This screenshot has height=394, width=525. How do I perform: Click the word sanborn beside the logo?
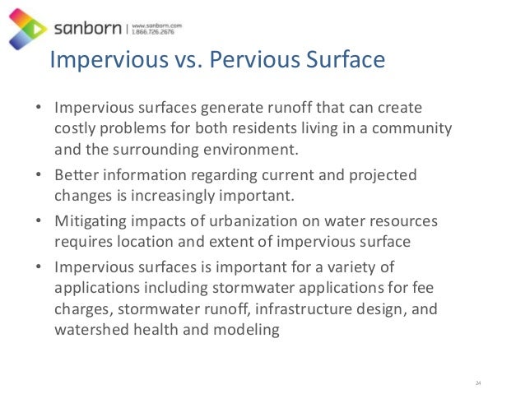coord(88,30)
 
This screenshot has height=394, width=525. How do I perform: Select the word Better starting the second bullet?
coord(76,175)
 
